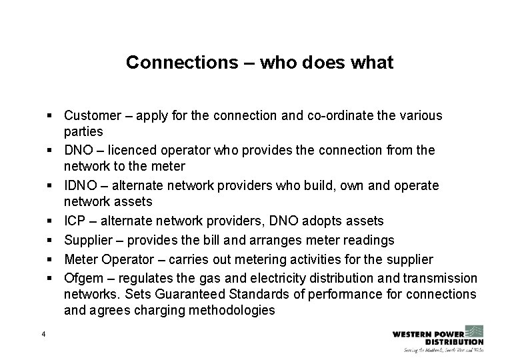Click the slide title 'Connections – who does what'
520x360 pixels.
(259, 63)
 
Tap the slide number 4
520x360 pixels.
(43, 334)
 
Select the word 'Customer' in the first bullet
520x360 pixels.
(91, 115)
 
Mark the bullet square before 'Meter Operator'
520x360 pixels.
(51, 258)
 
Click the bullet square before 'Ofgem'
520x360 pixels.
(51, 277)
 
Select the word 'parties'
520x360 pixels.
(83, 132)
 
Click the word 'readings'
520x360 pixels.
(368, 239)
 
